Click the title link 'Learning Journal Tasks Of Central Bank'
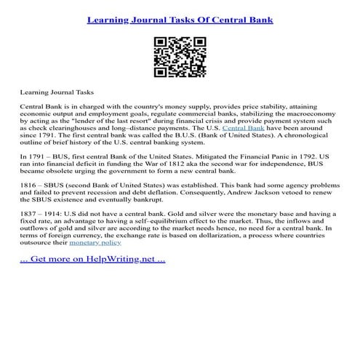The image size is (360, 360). point(180,20)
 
